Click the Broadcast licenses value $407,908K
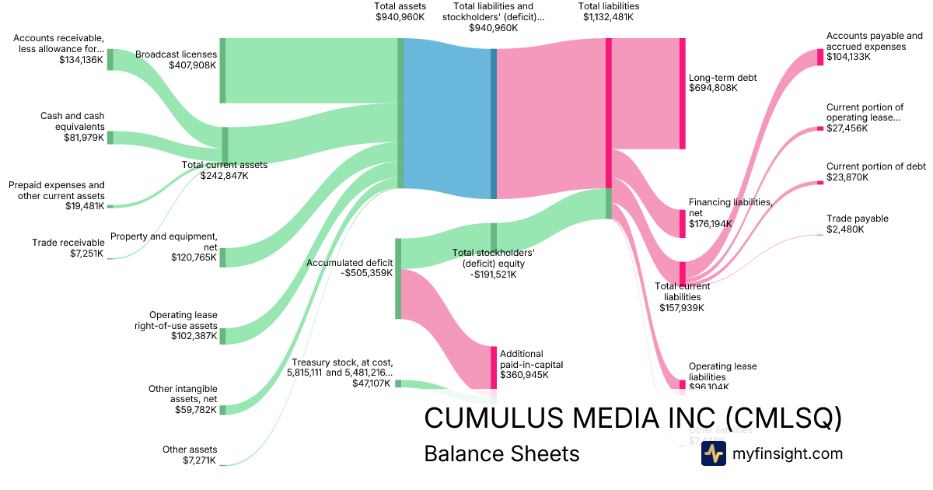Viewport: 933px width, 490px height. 192,65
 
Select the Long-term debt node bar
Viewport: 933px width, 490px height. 683,93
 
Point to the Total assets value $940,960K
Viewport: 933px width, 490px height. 400,16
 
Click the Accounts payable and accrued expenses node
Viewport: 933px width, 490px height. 819,57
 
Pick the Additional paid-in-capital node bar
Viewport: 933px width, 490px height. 493,367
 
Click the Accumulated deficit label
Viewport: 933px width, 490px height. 349,263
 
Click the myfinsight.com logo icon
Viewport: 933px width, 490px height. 713,453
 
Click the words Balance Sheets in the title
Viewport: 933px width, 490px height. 501,453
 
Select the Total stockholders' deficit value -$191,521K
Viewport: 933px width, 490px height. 493,274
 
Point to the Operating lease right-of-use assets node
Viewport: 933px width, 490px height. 222,335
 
